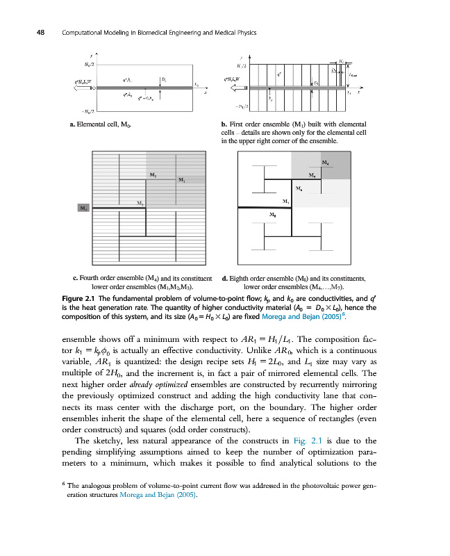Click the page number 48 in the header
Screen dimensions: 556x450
(x=31, y=33)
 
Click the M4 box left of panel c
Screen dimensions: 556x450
(x=83, y=208)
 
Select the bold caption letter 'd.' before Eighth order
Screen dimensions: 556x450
(x=224, y=279)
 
